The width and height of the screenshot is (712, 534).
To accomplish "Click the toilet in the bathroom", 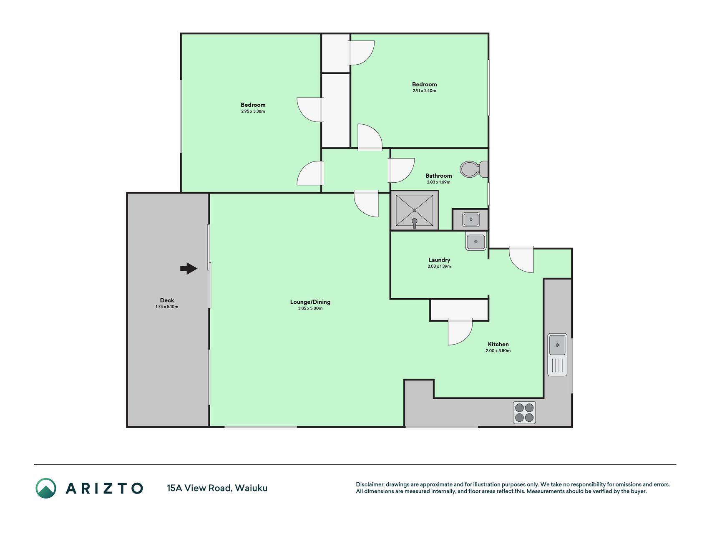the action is [474, 169].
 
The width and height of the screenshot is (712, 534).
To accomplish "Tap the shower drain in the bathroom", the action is [414, 210].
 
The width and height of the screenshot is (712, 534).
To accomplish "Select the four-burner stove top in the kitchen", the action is [524, 413].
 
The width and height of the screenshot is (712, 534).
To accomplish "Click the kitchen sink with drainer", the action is [557, 355].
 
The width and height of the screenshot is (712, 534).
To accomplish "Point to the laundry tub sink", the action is [476, 242].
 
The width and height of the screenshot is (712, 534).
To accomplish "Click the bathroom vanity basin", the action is [471, 219].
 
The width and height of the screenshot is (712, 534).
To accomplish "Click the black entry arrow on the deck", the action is [189, 268].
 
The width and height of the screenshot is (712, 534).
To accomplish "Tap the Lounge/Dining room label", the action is [310, 302].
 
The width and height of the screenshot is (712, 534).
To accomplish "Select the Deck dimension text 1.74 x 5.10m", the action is [167, 307].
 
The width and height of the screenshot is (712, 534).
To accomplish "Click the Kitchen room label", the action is [498, 344].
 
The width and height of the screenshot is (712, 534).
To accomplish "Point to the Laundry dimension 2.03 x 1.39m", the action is [439, 266].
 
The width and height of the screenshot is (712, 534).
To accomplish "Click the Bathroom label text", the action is [438, 176].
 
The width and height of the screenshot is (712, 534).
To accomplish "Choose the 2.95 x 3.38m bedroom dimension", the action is [253, 111].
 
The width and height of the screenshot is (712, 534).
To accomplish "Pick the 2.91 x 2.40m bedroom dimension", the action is [425, 91].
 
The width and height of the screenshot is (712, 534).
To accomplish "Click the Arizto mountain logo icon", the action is [46, 488].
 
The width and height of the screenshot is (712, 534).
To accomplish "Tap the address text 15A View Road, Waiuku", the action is [217, 488].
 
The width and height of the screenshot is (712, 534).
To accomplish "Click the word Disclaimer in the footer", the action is [370, 484].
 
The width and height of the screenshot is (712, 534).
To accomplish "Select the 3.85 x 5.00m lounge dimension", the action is [310, 308].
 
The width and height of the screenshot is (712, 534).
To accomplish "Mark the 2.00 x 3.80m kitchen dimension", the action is [498, 351].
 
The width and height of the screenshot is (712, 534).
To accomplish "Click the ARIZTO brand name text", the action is [104, 488].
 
